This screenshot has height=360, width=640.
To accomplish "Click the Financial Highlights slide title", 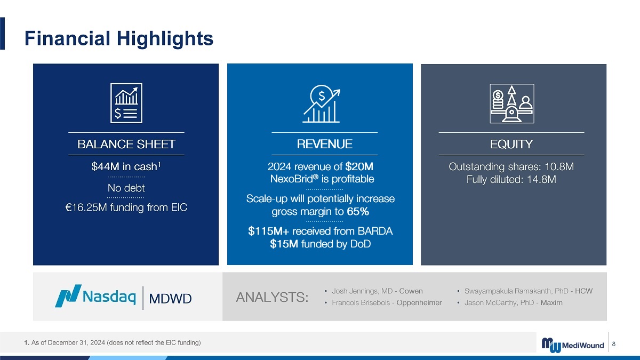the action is (x=119, y=38).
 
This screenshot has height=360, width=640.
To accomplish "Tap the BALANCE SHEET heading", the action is (x=126, y=145).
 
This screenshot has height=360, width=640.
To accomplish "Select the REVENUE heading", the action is (x=325, y=144).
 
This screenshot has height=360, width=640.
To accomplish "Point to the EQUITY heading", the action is (x=511, y=144).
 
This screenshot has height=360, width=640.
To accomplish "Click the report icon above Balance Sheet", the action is (x=126, y=103).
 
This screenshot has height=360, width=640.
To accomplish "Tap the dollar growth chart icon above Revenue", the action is (x=322, y=103).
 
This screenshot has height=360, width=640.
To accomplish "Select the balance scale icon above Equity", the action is (x=511, y=103).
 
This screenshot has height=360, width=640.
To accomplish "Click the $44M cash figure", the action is (x=104, y=166).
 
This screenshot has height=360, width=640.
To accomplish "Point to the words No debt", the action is (x=126, y=188).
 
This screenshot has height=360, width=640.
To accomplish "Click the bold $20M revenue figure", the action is (x=359, y=166).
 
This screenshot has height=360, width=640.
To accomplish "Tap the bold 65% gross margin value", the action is (x=358, y=211).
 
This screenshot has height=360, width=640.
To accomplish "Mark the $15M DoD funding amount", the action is (x=284, y=244).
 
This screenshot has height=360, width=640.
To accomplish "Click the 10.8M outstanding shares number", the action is (x=559, y=166).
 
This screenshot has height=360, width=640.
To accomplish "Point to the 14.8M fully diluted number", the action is (x=541, y=179).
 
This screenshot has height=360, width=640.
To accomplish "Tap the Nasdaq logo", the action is (x=95, y=296).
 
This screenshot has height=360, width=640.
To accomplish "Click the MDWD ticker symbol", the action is (x=170, y=299).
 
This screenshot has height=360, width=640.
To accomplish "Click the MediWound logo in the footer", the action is (x=573, y=345).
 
